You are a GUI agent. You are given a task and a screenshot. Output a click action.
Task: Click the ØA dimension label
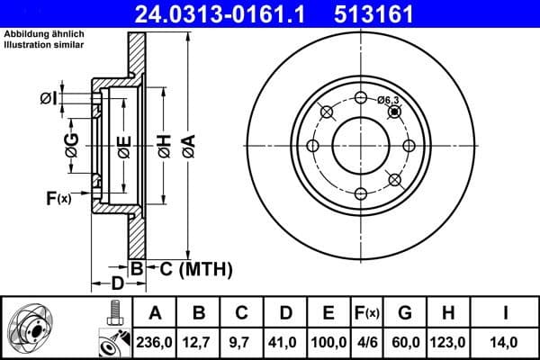coord(187,145)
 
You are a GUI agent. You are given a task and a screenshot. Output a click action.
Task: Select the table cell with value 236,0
coord(155,342)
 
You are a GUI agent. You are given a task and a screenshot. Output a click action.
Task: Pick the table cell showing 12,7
coord(199,342)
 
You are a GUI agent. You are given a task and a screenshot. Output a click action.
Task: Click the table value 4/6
coord(366,342)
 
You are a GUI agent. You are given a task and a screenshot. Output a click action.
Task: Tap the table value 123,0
coord(447,342)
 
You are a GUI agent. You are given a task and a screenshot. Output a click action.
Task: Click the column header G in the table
coord(406,314)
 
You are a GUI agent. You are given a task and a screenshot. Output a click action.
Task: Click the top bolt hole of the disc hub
coord(361,98)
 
